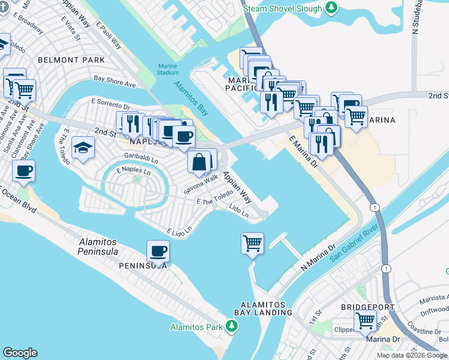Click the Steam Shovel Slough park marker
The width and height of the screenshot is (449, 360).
(330, 7)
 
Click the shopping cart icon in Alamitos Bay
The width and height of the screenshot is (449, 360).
(252, 244)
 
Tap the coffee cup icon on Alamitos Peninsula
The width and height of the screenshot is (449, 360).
(158, 250)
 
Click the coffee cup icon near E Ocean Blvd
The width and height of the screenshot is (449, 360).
(23, 170)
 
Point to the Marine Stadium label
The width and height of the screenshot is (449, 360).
(168, 69)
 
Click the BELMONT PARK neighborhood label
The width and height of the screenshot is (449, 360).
(71, 60)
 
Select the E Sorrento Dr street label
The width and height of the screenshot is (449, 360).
(110, 104)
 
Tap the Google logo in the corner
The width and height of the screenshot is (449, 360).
(20, 353)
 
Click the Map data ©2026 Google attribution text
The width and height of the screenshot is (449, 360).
(411, 355)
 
